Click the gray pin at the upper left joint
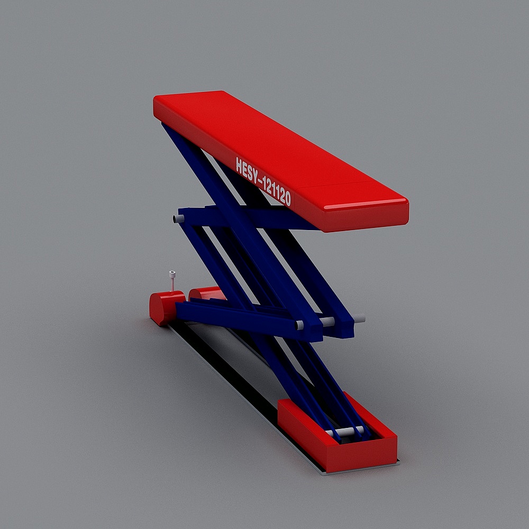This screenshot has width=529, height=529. pyautogui.click(x=176, y=218)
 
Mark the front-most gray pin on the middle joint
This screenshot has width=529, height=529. pyautogui.click(x=299, y=325)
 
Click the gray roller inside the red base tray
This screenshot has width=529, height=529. pyautogui.click(x=346, y=431)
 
